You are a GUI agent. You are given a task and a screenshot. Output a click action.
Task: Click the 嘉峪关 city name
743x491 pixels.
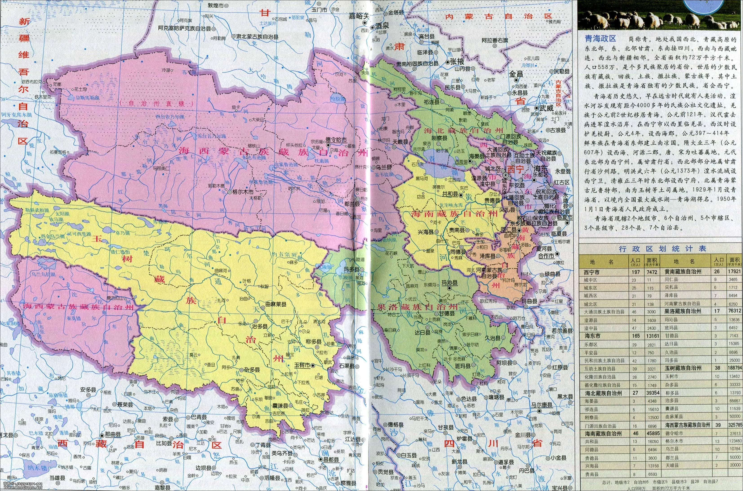(x=359, y=16)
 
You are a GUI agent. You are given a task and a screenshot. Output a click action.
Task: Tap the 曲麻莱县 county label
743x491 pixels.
(x=275, y=304)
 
